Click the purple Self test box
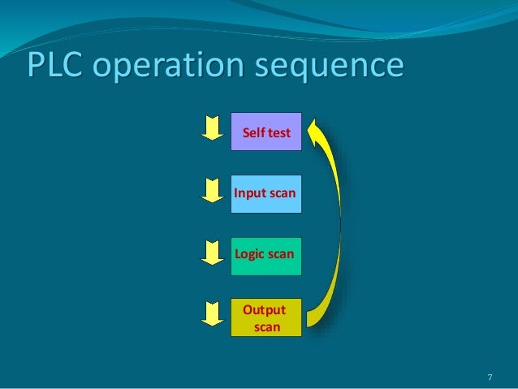[266, 132]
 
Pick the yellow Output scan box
[266, 318]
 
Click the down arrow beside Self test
[212, 127]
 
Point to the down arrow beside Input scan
[212, 189]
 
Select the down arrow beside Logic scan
[212, 252]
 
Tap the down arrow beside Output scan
[212, 313]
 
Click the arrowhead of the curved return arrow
[317, 128]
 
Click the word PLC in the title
[52, 67]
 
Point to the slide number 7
[490, 377]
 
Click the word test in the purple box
[279, 132]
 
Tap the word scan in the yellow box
[267, 327]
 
